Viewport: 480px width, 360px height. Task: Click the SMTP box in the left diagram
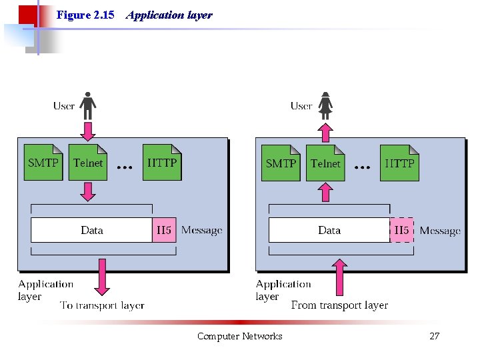click(x=43, y=163)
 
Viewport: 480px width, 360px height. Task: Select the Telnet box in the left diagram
click(x=88, y=163)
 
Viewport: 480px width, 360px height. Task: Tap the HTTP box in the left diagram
click(x=162, y=163)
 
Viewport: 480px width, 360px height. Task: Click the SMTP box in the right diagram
click(x=281, y=163)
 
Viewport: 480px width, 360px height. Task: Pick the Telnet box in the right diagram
click(x=325, y=163)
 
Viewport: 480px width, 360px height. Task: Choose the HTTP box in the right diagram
click(x=400, y=163)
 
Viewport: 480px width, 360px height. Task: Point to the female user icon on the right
click(x=325, y=105)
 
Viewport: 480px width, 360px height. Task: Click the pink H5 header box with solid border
click(x=164, y=230)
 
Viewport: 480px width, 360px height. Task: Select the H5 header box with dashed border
click(x=401, y=230)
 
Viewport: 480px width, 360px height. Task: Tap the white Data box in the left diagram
click(x=92, y=230)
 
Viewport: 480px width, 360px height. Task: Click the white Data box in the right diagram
click(x=329, y=230)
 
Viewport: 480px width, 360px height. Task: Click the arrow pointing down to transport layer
click(x=101, y=277)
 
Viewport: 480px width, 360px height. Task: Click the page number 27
click(x=434, y=336)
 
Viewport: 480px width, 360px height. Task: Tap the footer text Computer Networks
click(x=239, y=336)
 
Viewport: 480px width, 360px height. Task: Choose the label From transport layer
click(x=339, y=305)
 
